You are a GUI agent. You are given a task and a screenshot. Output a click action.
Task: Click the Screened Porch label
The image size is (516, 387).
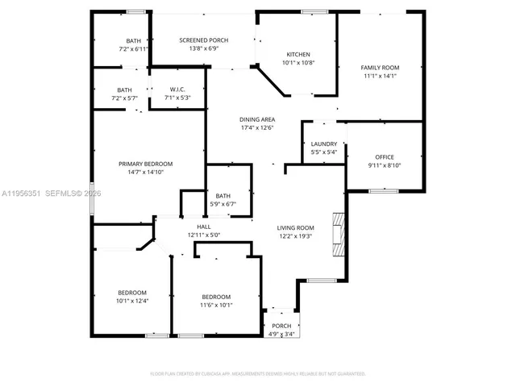coord(203,40)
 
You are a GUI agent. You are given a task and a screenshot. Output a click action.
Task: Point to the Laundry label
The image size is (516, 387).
coord(323,144)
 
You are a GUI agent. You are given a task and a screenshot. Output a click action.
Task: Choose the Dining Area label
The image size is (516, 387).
coord(257,119)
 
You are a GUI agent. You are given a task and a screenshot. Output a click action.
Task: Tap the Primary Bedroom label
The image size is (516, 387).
coord(145,164)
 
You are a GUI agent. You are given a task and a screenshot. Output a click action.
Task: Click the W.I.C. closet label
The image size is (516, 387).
coord(177,89)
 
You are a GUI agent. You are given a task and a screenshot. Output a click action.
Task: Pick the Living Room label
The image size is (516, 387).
coord(295,228)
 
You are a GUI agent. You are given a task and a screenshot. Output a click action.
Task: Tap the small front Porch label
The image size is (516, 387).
coord(281,326)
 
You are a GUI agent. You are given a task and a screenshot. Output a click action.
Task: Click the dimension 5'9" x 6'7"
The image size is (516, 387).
coord(223,204)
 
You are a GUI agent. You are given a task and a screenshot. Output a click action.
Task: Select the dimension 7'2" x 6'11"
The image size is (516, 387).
coord(134,49)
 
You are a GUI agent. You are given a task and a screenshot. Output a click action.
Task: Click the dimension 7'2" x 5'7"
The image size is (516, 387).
coord(124,98)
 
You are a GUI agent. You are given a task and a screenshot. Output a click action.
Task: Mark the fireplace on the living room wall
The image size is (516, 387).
coord(338,235)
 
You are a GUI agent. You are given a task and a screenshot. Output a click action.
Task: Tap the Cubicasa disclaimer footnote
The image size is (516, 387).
coord(258,373)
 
